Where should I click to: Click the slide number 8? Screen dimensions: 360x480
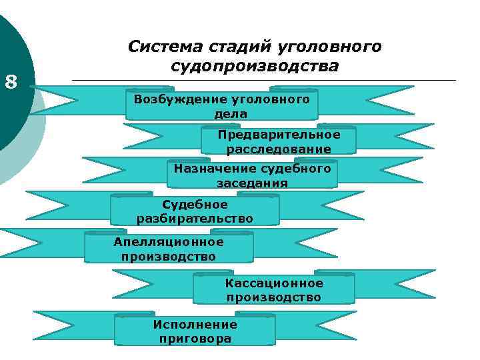click(11, 83)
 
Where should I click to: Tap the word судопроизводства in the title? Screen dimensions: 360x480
click(255, 67)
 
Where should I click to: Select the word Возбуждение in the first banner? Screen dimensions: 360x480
click(174, 99)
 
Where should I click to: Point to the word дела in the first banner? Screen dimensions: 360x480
click(231, 114)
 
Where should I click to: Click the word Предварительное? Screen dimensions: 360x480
click(279, 135)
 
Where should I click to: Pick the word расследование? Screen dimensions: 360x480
click(279, 149)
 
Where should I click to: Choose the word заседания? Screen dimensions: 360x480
click(252, 183)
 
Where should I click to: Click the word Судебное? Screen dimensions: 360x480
click(195, 204)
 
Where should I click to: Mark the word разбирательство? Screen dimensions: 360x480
click(195, 218)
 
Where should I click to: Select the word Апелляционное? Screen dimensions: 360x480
click(169, 241)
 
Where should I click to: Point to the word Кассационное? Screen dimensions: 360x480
click(274, 283)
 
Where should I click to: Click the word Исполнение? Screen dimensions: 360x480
click(195, 325)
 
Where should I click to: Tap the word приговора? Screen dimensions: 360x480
click(195, 339)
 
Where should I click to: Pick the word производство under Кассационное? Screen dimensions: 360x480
click(274, 297)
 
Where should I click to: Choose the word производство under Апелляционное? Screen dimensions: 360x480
click(169, 256)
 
